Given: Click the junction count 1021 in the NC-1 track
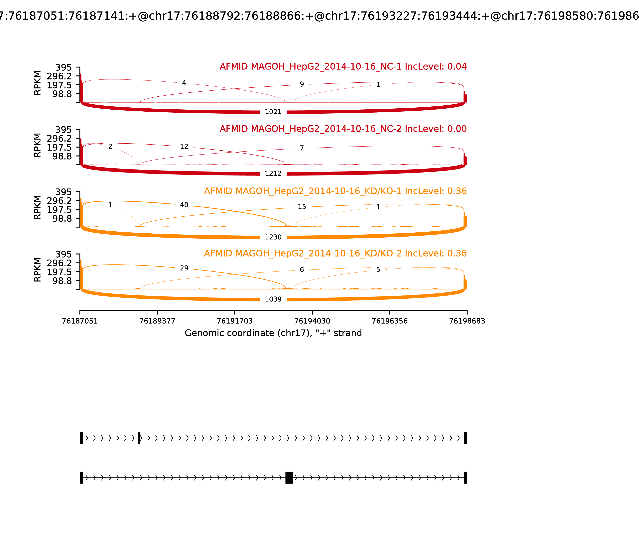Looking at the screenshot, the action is pyautogui.click(x=273, y=112).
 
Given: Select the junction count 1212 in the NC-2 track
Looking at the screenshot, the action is pyautogui.click(x=273, y=173).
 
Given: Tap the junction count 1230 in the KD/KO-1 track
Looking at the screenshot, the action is pyautogui.click(x=273, y=237).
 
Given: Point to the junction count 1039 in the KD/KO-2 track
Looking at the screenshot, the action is pyautogui.click(x=273, y=299).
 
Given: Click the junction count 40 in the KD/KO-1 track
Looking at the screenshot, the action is pyautogui.click(x=184, y=205).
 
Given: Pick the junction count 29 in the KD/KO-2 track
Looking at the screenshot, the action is pyautogui.click(x=184, y=268).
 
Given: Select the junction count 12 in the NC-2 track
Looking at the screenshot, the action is pyautogui.click(x=184, y=146).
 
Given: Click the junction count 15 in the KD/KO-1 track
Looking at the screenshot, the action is pyautogui.click(x=302, y=207).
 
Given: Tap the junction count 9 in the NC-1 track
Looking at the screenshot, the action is pyautogui.click(x=302, y=84).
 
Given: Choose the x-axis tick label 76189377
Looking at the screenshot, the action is pyautogui.click(x=157, y=321).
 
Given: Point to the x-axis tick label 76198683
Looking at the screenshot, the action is pyautogui.click(x=467, y=321).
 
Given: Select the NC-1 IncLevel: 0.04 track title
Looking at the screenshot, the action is pyautogui.click(x=343, y=67).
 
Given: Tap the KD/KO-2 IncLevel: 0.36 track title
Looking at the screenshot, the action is pyautogui.click(x=335, y=253).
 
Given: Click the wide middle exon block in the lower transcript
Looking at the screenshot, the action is pyautogui.click(x=289, y=478).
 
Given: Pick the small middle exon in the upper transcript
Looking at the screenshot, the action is pyautogui.click(x=139, y=438).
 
